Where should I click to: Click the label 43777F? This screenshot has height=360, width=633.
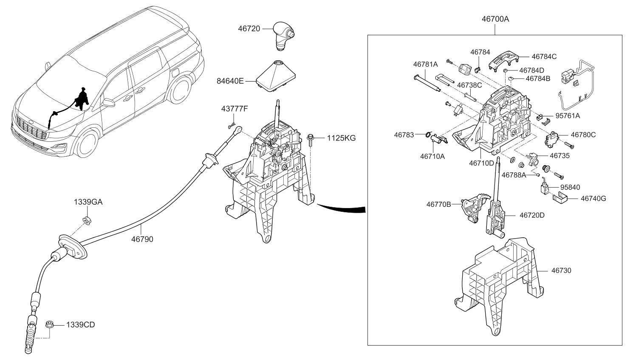(x=234, y=109)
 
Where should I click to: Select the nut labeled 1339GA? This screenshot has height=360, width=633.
(x=87, y=220)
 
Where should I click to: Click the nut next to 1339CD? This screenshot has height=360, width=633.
(x=49, y=325)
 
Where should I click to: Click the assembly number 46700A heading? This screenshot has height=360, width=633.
(x=495, y=19)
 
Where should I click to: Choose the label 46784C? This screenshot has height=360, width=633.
(x=544, y=56)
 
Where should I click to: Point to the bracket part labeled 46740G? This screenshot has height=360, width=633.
(x=560, y=197)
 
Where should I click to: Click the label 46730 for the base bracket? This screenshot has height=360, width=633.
(x=561, y=270)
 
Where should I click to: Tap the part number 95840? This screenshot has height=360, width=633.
(x=570, y=187)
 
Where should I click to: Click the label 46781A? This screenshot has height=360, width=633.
(x=425, y=64)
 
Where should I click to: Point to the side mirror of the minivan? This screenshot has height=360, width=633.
(x=109, y=102)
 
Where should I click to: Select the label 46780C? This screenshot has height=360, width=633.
(x=583, y=135)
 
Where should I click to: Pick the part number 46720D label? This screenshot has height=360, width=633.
(x=531, y=215)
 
